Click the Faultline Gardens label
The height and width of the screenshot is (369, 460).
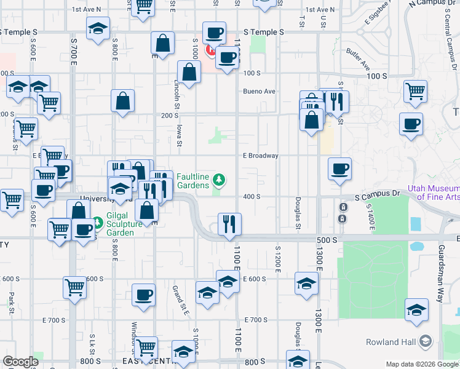point(193,180)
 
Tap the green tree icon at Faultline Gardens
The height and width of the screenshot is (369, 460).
point(218,180)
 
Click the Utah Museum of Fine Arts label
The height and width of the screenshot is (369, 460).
point(433,192)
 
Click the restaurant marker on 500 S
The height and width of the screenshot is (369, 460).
point(229,224)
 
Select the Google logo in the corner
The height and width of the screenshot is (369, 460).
point(20,362)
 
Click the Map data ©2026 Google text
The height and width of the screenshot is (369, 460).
point(421,364)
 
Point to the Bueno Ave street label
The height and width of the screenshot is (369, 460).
point(259,91)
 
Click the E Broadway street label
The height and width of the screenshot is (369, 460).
point(260,156)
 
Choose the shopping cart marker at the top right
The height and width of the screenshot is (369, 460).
point(416,91)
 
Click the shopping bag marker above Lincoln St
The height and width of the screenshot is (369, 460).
point(189,71)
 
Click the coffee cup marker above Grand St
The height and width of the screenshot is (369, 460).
point(144,295)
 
